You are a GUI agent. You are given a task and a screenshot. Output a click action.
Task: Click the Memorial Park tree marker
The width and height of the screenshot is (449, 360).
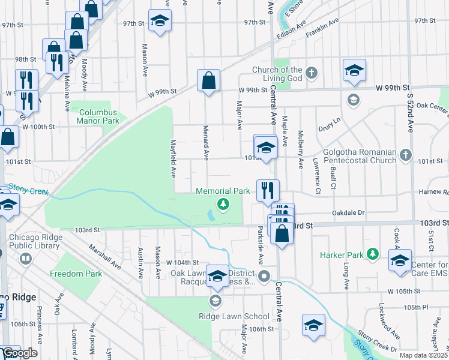(223, 205)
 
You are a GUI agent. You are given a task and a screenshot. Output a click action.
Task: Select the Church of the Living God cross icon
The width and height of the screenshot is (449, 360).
(310, 73)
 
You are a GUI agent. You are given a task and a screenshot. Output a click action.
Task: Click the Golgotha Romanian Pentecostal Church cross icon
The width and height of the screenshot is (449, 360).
(406, 155)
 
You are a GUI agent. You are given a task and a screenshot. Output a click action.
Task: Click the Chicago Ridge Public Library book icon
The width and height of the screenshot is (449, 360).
(25, 259)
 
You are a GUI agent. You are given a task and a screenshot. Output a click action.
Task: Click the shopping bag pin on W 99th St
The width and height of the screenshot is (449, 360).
(208, 80)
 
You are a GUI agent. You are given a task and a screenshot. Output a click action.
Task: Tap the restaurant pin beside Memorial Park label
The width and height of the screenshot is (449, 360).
(268, 190)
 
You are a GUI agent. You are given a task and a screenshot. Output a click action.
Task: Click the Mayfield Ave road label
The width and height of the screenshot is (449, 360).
(173, 159)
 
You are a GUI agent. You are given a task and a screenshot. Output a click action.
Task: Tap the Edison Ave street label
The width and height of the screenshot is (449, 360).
(292, 32)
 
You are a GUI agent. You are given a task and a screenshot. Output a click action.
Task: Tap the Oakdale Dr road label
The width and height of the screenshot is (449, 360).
(348, 212)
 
